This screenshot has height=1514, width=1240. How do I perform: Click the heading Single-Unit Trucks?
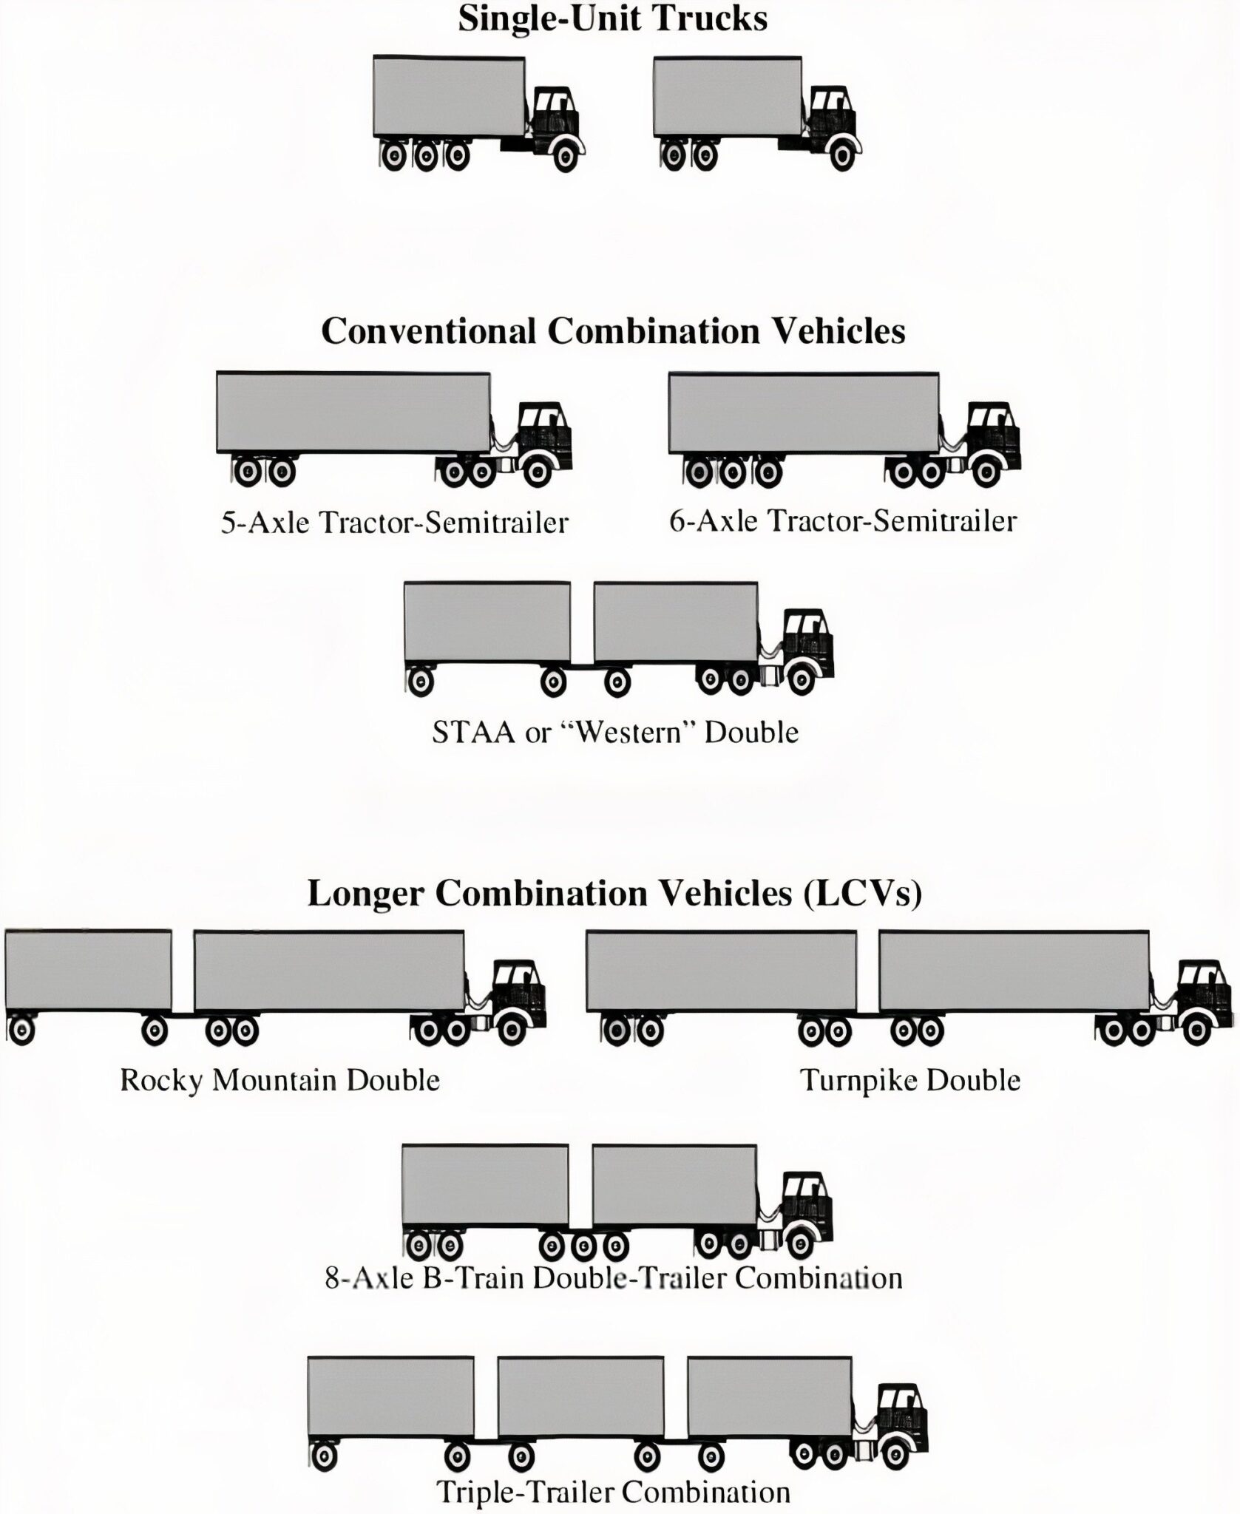tap(612, 18)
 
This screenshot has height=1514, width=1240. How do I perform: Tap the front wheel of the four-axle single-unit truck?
tap(566, 155)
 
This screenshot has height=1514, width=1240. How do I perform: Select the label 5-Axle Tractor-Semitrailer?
tap(394, 523)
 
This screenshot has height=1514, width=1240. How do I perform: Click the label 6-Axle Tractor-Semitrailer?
tap(843, 522)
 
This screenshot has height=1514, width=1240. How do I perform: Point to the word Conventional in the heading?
tap(428, 331)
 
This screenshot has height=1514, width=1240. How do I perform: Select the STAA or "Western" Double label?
tap(615, 733)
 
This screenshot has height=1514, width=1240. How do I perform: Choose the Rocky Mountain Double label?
tap(279, 1081)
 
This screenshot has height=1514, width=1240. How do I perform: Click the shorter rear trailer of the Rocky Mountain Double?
tap(88, 969)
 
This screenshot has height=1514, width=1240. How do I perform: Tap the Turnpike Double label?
tap(910, 1081)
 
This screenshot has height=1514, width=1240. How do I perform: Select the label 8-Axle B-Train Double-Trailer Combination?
tap(614, 1278)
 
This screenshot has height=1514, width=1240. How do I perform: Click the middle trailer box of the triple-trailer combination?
tap(580, 1395)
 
